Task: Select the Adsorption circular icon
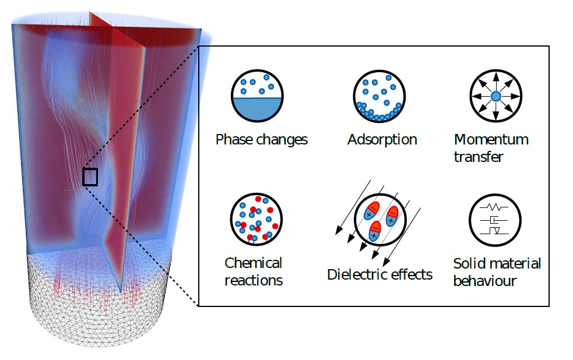click(x=379, y=96)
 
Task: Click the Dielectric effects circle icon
click(x=380, y=221)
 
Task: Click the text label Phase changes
click(x=261, y=140)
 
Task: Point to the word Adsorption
click(x=382, y=140)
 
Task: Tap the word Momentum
click(x=491, y=140)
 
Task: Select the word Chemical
click(x=253, y=263)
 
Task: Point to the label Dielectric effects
click(x=379, y=274)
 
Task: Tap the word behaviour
click(x=484, y=281)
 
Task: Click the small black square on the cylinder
click(x=90, y=177)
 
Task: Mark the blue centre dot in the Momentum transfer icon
click(x=495, y=96)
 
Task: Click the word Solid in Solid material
click(x=467, y=263)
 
